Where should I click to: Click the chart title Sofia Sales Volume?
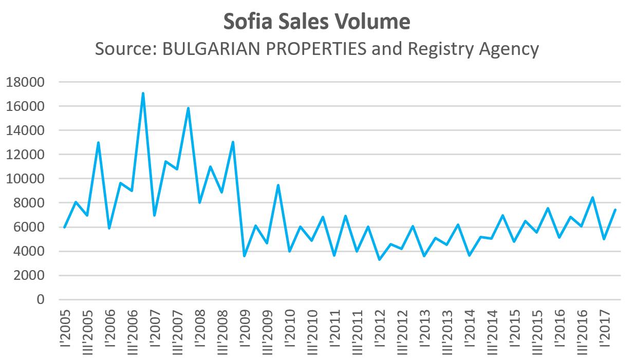[x=316, y=22]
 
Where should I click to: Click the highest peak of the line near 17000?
[x=143, y=93]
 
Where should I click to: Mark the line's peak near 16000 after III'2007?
[x=188, y=108]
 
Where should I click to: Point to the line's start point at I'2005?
[x=64, y=227]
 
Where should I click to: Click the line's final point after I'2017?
[x=614, y=210]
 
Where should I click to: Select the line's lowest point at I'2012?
[x=379, y=259]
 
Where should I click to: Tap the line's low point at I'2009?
[x=244, y=256]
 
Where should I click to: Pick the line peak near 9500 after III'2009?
[x=278, y=185]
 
